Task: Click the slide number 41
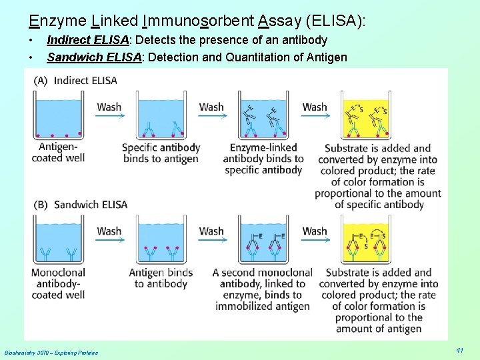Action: [459, 350]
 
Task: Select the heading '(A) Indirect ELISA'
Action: [76, 81]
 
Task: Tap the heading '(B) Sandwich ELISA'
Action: [80, 205]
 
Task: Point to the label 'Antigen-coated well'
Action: [58, 152]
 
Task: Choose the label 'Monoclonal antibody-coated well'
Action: [58, 283]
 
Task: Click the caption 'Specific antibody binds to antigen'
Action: [161, 153]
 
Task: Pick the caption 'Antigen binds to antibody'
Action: [161, 278]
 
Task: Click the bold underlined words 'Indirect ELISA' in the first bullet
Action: [93, 41]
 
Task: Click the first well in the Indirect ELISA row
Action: [58, 117]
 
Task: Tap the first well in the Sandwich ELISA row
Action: [58, 241]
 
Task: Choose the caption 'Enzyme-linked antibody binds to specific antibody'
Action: [263, 159]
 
